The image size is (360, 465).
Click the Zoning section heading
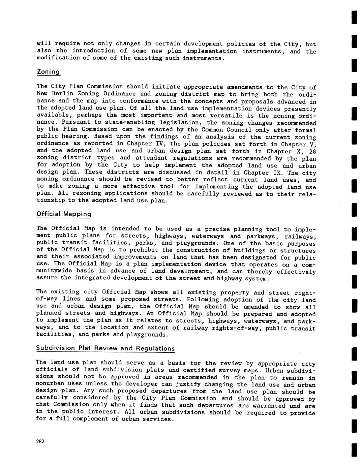[48, 72]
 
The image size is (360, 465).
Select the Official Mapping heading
[64, 214]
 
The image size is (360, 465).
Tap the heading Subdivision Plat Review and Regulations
[105, 348]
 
